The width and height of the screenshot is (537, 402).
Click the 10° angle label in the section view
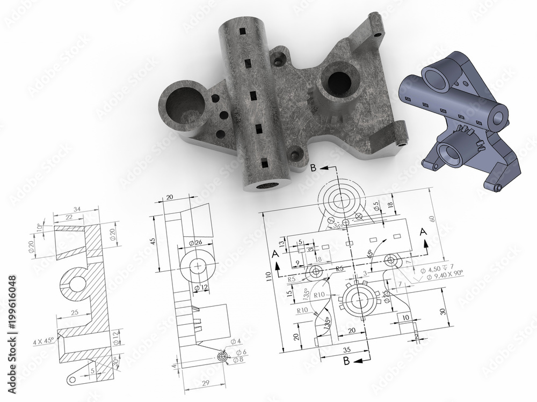(x=39, y=228)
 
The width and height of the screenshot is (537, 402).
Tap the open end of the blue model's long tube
(x=499, y=115)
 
